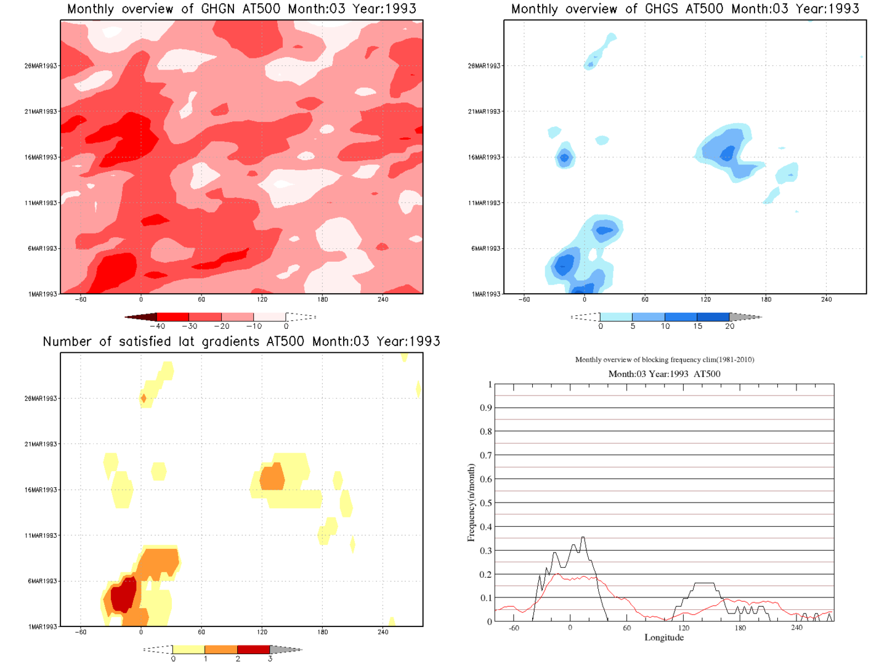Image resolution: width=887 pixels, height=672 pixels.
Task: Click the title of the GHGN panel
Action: coord(241,9)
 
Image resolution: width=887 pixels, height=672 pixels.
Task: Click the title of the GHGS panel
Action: coord(685,9)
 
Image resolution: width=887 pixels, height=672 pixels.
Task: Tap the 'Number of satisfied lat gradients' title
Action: coord(241,342)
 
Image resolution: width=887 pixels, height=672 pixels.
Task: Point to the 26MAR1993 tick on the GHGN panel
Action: coord(41,66)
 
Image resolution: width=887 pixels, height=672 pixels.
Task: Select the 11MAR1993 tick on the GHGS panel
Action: coord(484,203)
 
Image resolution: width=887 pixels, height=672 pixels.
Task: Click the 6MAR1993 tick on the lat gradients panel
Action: coord(42,581)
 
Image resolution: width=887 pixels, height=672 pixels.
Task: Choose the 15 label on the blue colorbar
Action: coord(697,326)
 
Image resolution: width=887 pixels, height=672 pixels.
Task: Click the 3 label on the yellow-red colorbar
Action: coord(270,659)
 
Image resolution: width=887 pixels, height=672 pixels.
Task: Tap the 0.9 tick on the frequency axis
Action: coord(486,408)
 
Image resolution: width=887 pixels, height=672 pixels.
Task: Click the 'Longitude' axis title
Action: coord(664,638)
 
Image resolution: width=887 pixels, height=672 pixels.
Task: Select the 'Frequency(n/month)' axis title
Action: coord(471,503)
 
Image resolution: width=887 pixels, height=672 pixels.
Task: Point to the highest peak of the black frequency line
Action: coord(583,538)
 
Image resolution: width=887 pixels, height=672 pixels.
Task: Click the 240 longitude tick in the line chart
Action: coord(796,628)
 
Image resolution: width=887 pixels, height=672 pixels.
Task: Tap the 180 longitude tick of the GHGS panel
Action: coord(766,300)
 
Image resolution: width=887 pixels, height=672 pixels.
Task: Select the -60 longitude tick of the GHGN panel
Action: coord(81,300)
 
